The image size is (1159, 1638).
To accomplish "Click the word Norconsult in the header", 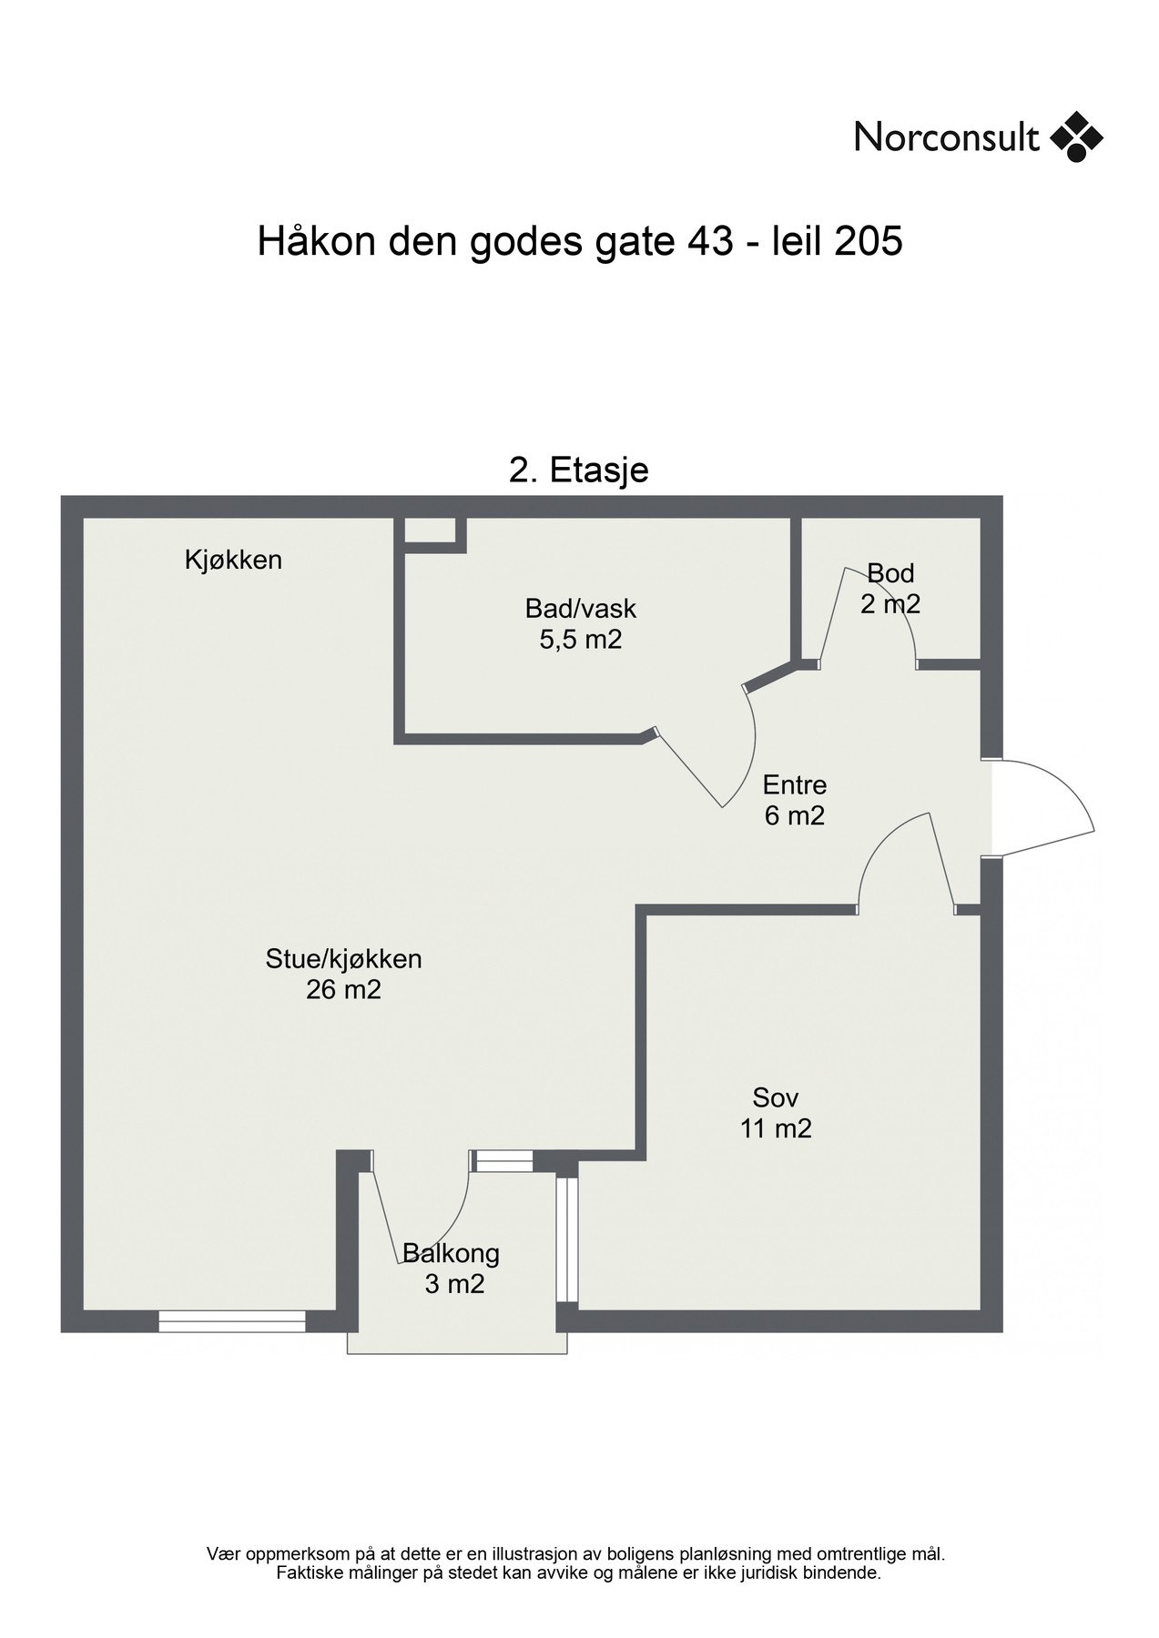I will [x=946, y=138].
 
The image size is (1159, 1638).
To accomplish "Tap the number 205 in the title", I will [x=868, y=242].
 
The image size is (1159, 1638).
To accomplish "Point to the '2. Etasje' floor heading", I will [x=578, y=470].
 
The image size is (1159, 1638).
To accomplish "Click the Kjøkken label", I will [x=233, y=560].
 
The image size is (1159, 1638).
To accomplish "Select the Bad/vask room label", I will [x=580, y=608].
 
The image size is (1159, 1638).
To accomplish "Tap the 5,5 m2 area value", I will [x=580, y=639].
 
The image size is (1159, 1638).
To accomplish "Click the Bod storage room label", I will [x=890, y=573].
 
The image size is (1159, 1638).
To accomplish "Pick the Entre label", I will [x=794, y=784].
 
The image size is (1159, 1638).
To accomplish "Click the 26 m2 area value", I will [x=343, y=989].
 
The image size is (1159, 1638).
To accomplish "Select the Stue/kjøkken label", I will [x=343, y=958].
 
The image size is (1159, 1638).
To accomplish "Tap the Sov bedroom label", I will [x=775, y=1097].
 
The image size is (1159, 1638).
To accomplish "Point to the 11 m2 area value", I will [x=775, y=1128].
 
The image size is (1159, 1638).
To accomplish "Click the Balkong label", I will [x=452, y=1254].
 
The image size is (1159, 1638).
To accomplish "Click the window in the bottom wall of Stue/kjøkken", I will [x=232, y=1321].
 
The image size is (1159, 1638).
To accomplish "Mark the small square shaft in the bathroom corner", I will [x=430, y=531].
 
